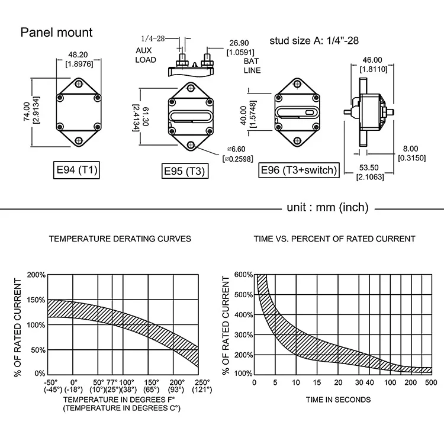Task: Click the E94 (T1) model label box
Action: coord(76,170)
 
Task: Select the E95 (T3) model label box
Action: coord(185,170)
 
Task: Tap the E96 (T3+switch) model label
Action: coord(299,170)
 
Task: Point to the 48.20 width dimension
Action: coord(78,54)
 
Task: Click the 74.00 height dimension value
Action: coord(27,111)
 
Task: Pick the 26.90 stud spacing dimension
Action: coord(239,43)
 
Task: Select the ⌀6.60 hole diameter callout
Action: coord(236,149)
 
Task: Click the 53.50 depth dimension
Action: coord(369,168)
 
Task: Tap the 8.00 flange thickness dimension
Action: coord(410,149)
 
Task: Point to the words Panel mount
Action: coord(56,33)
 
